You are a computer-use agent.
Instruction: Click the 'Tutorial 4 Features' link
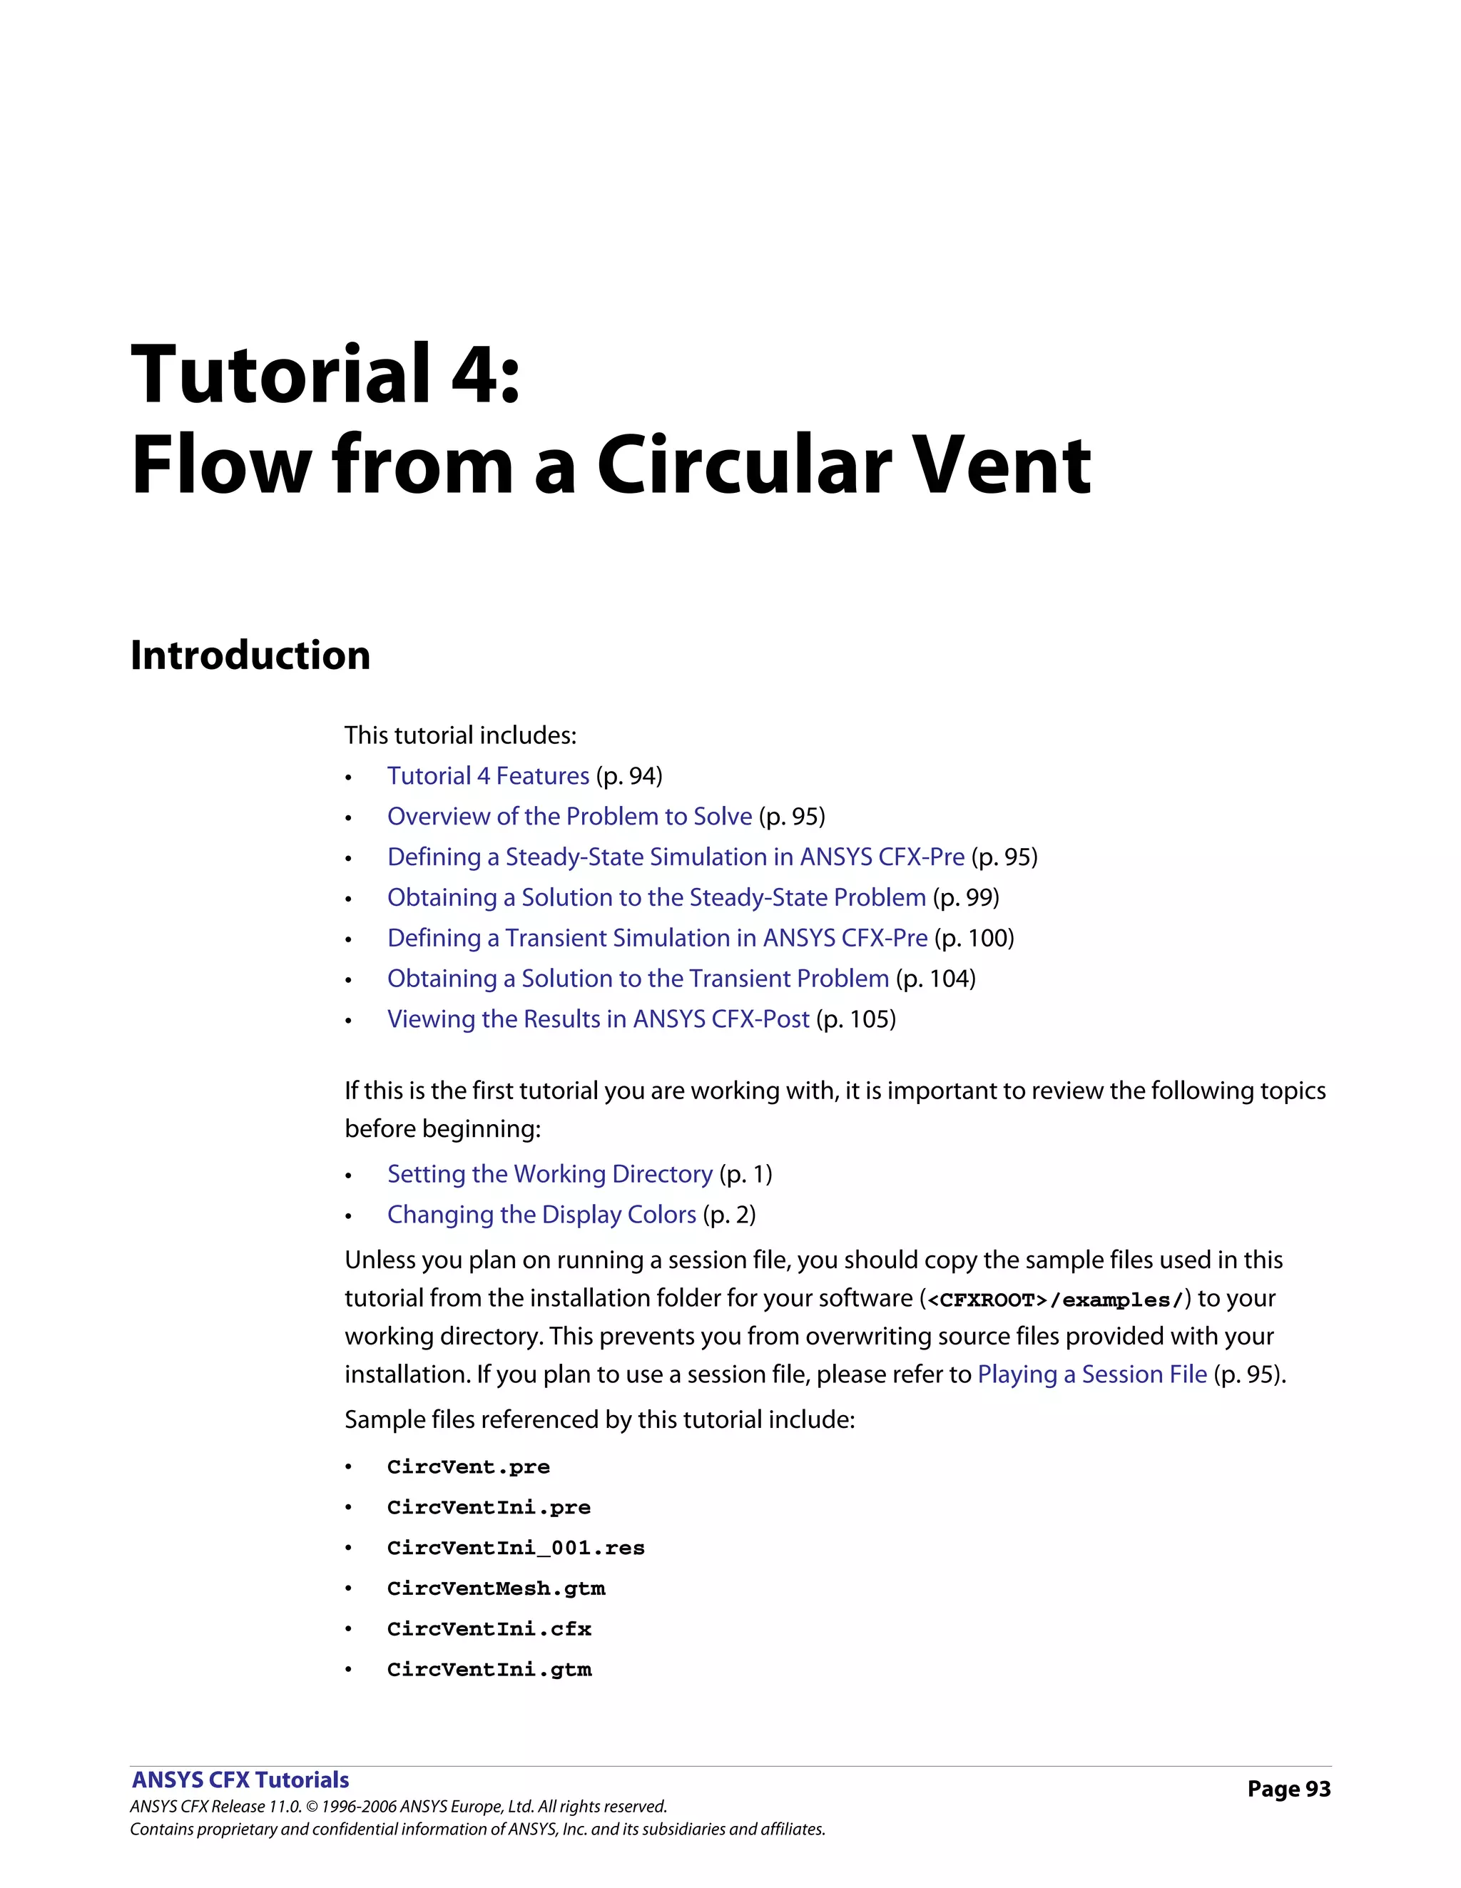(487, 775)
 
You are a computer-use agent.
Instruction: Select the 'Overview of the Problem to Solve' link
(570, 816)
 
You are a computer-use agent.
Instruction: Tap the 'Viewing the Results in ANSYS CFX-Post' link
(599, 1019)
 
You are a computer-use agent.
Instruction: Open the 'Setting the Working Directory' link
(550, 1173)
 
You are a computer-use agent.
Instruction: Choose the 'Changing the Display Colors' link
(541, 1214)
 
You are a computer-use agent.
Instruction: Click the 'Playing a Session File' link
(1092, 1374)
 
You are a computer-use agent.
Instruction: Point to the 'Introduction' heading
(250, 654)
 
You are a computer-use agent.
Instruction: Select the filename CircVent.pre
(469, 1467)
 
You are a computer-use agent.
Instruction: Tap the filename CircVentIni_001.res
(516, 1547)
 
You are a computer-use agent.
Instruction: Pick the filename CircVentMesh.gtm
(497, 1588)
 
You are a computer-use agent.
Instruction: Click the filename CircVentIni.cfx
(489, 1628)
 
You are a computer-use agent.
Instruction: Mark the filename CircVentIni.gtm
(489, 1669)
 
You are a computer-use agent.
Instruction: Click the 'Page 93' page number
(1288, 1789)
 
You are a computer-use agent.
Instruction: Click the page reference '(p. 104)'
(935, 978)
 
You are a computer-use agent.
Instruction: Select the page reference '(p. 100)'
(974, 937)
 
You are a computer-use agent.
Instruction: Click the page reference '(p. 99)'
(966, 897)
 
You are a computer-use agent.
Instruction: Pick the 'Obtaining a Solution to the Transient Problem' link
(638, 978)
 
